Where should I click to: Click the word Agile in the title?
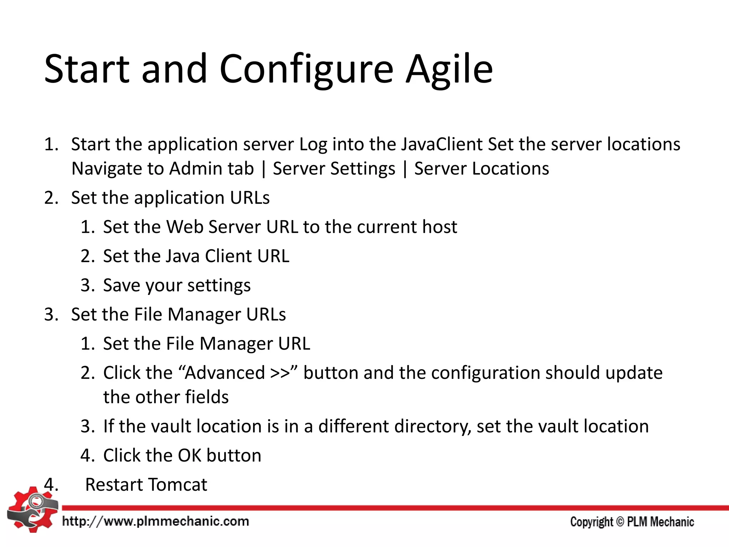[x=449, y=69]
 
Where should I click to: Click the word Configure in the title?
[x=306, y=69]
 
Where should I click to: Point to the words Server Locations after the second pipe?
[x=482, y=168]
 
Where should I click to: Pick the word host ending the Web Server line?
[x=439, y=227]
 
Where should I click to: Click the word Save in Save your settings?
[x=121, y=285]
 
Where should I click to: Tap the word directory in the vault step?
[x=432, y=426]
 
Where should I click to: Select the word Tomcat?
[x=177, y=485]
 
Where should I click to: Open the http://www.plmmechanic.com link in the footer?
[x=156, y=521]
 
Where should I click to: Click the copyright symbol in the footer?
[x=620, y=522]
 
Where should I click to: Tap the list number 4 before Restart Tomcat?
[x=51, y=485]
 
